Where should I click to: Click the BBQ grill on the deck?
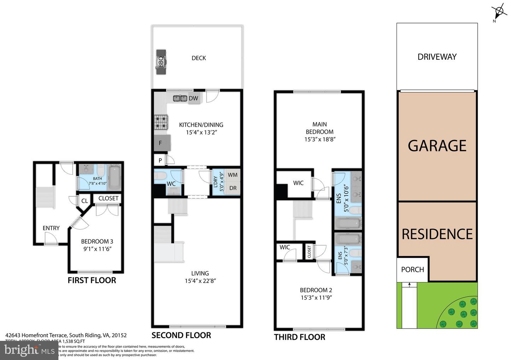point(161,62)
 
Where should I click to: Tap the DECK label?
point(199,58)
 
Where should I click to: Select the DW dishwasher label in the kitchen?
point(193,98)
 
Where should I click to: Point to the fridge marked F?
point(162,143)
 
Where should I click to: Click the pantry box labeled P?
point(160,161)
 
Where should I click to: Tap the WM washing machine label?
point(233,175)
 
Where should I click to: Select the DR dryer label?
point(233,188)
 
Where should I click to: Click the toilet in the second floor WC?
point(161,175)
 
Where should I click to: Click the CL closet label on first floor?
point(85,201)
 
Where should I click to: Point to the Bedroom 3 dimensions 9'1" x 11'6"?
point(97,249)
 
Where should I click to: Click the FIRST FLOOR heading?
point(92,280)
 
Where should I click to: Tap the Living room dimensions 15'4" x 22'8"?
point(200,281)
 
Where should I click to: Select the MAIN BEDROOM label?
point(320,128)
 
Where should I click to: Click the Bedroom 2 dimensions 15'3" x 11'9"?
point(316,298)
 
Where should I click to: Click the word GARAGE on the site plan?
point(437,146)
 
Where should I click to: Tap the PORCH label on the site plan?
point(413,269)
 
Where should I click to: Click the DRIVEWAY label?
point(437,57)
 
